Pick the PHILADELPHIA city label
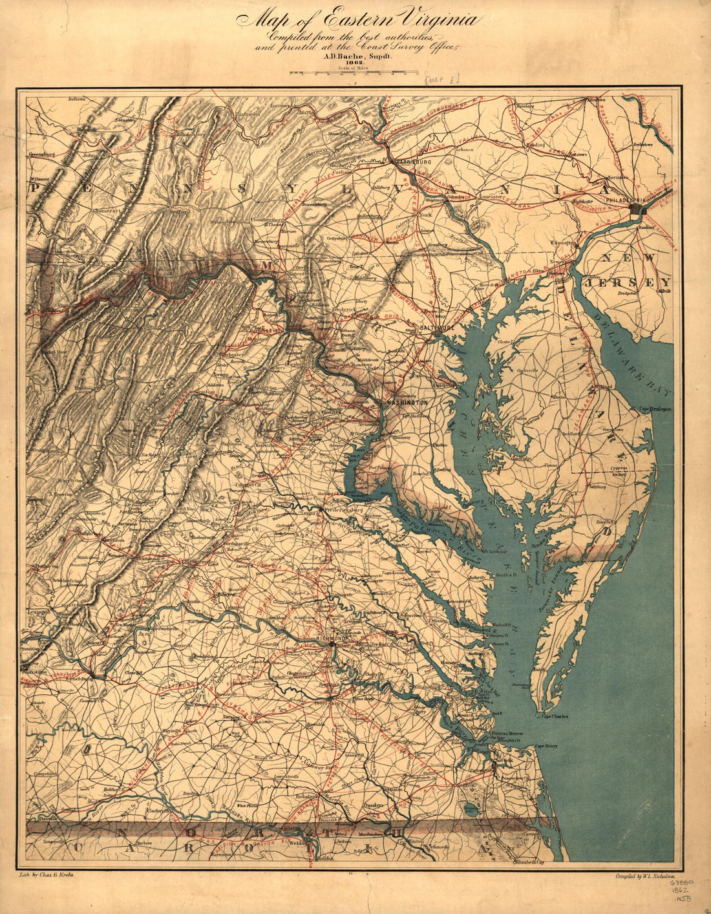pos(624,201)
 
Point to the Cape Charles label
pos(555,716)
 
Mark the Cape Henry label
pos(546,746)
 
